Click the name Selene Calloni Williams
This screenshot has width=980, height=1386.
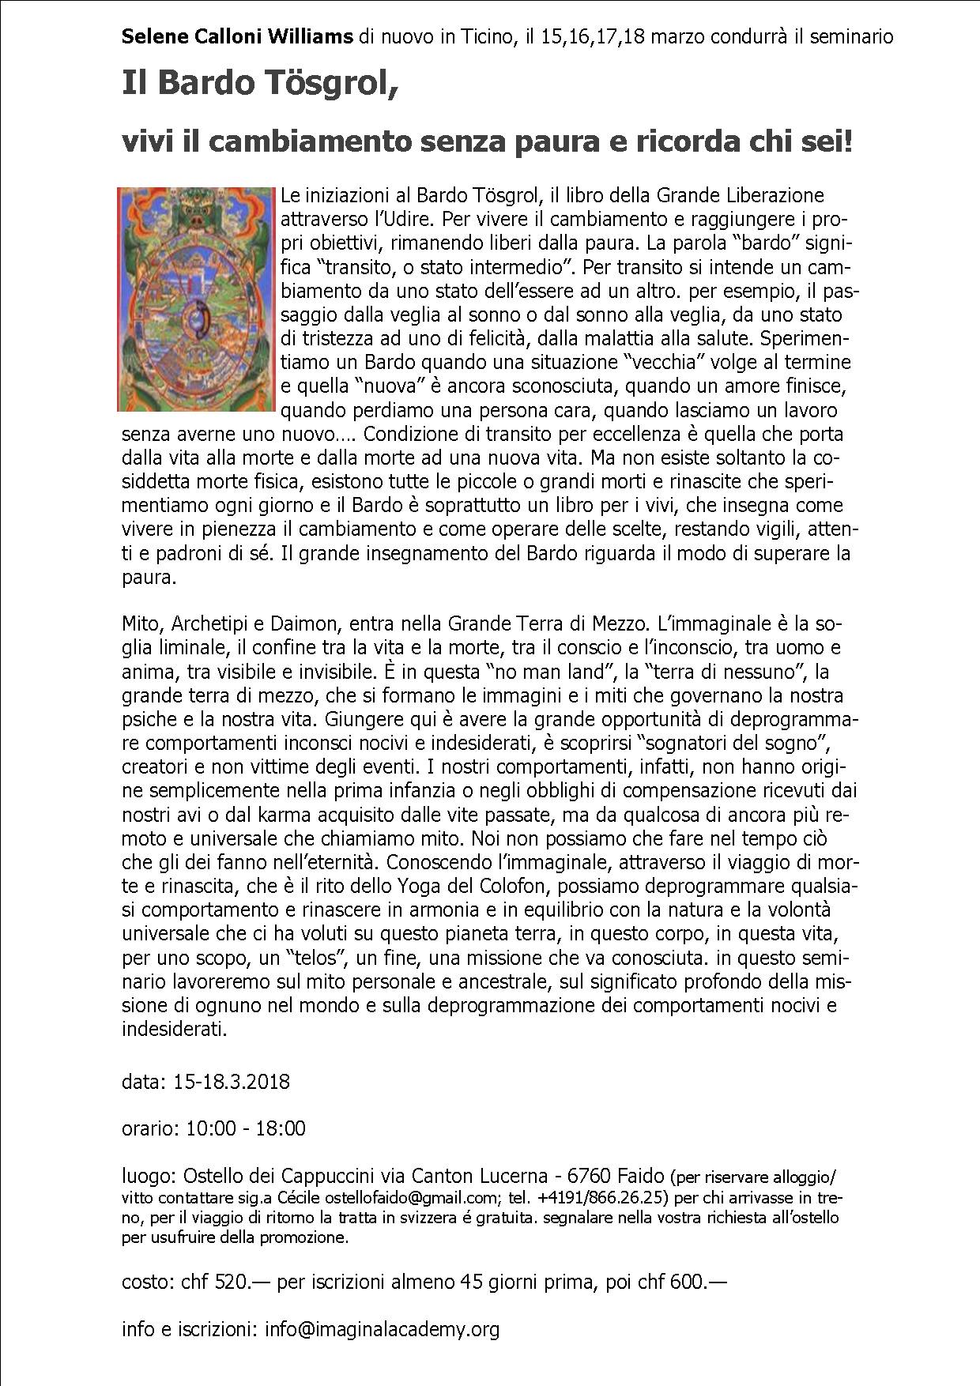click(x=237, y=36)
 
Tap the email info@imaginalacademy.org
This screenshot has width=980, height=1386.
click(x=383, y=1330)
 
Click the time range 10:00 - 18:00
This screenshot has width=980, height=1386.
click(x=246, y=1128)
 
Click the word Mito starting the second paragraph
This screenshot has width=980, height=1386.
click(x=139, y=624)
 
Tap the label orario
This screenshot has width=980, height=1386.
click(x=149, y=1128)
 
